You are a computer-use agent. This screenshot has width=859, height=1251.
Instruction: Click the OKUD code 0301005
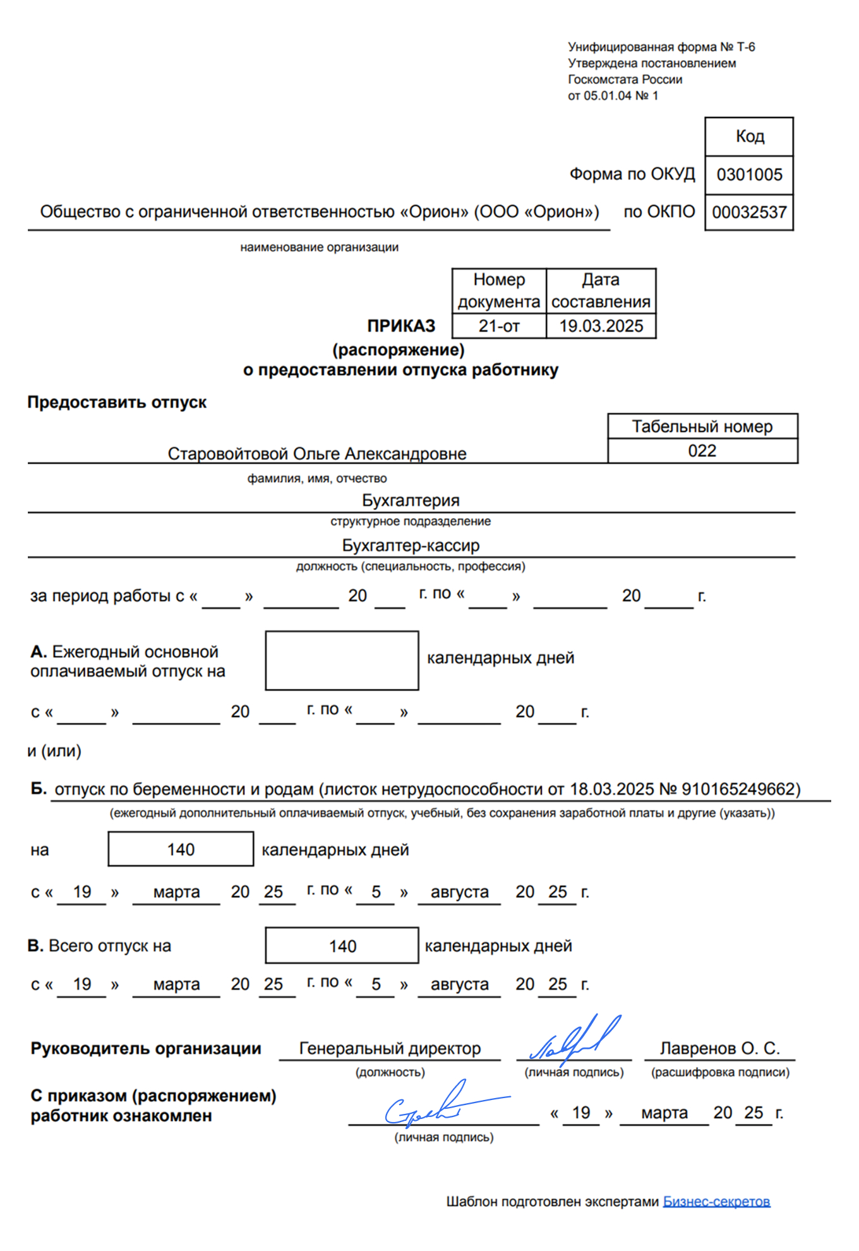click(749, 175)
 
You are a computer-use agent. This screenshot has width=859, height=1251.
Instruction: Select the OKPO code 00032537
click(749, 212)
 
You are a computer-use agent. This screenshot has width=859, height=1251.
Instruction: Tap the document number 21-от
click(499, 326)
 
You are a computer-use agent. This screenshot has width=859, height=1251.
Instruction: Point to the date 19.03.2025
click(601, 326)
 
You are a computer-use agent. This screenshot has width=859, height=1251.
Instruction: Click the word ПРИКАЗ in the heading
click(401, 326)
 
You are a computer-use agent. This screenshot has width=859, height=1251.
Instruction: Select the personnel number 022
click(702, 451)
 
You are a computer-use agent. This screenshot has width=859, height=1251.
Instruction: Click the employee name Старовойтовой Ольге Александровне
click(317, 454)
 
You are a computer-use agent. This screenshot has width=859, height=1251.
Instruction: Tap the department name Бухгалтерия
click(411, 500)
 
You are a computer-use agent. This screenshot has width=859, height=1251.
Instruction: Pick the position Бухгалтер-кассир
click(411, 545)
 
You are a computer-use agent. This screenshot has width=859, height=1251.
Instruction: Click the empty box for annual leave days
click(342, 660)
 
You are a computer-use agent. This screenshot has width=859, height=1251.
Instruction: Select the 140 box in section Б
click(181, 849)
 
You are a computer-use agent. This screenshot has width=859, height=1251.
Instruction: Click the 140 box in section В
click(342, 946)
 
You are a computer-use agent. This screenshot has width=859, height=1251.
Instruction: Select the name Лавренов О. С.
click(719, 1049)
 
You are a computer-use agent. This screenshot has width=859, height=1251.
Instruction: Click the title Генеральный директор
click(390, 1049)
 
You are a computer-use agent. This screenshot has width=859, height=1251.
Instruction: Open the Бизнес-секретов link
click(716, 1202)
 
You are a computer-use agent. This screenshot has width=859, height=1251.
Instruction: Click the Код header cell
click(749, 136)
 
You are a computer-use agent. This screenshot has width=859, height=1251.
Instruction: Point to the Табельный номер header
click(702, 427)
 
